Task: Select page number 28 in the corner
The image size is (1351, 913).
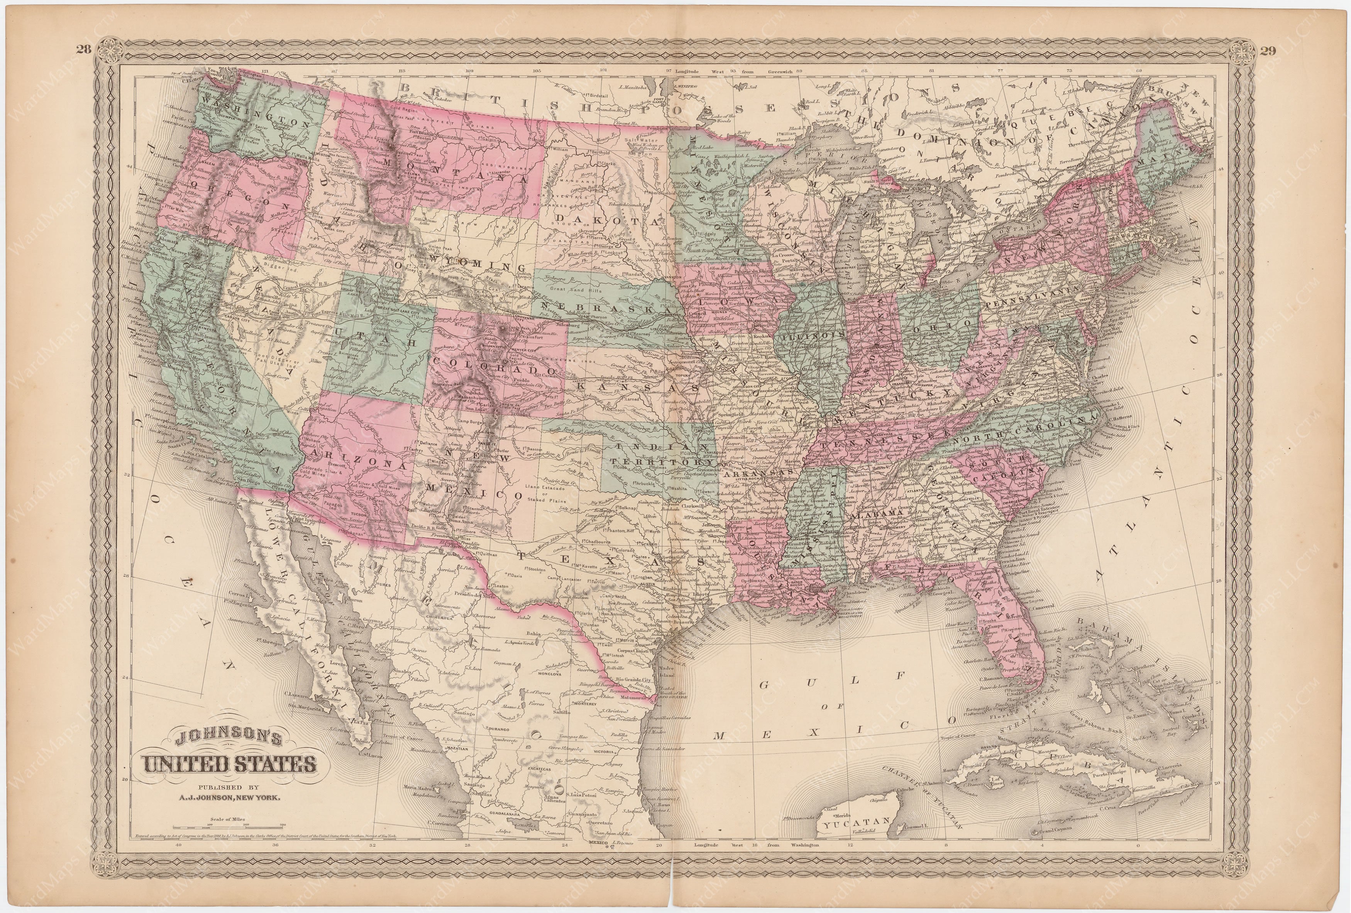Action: pyautogui.click(x=83, y=49)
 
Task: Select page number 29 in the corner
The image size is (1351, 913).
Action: pyautogui.click(x=1268, y=51)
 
